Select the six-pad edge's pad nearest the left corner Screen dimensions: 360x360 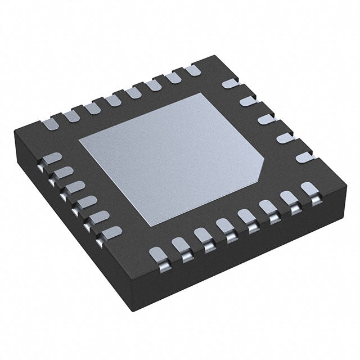(51, 158)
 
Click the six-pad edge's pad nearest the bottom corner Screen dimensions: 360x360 (110, 231)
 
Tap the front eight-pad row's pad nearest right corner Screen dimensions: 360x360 (307, 188)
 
